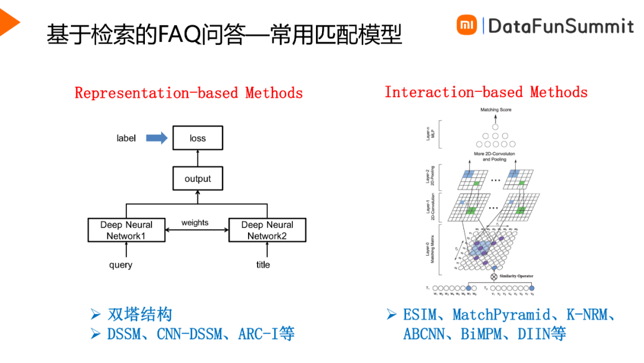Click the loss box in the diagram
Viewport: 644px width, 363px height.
[197, 138]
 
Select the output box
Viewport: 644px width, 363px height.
[197, 179]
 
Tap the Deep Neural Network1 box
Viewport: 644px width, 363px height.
[126, 230]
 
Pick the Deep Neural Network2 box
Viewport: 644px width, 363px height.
[267, 230]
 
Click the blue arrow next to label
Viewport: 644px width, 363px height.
[157, 138]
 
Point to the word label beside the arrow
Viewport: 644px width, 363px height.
[126, 138]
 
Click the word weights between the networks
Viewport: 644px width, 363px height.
[195, 223]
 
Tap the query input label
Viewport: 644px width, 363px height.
[120, 264]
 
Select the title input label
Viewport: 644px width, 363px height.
[263, 264]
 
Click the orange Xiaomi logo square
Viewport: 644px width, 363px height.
[467, 25]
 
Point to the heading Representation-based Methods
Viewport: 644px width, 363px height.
[188, 93]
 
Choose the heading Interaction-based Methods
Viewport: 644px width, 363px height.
[486, 92]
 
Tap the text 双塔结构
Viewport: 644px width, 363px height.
[140, 314]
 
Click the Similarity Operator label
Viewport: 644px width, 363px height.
[516, 276]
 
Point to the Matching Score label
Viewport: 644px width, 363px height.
[496, 110]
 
